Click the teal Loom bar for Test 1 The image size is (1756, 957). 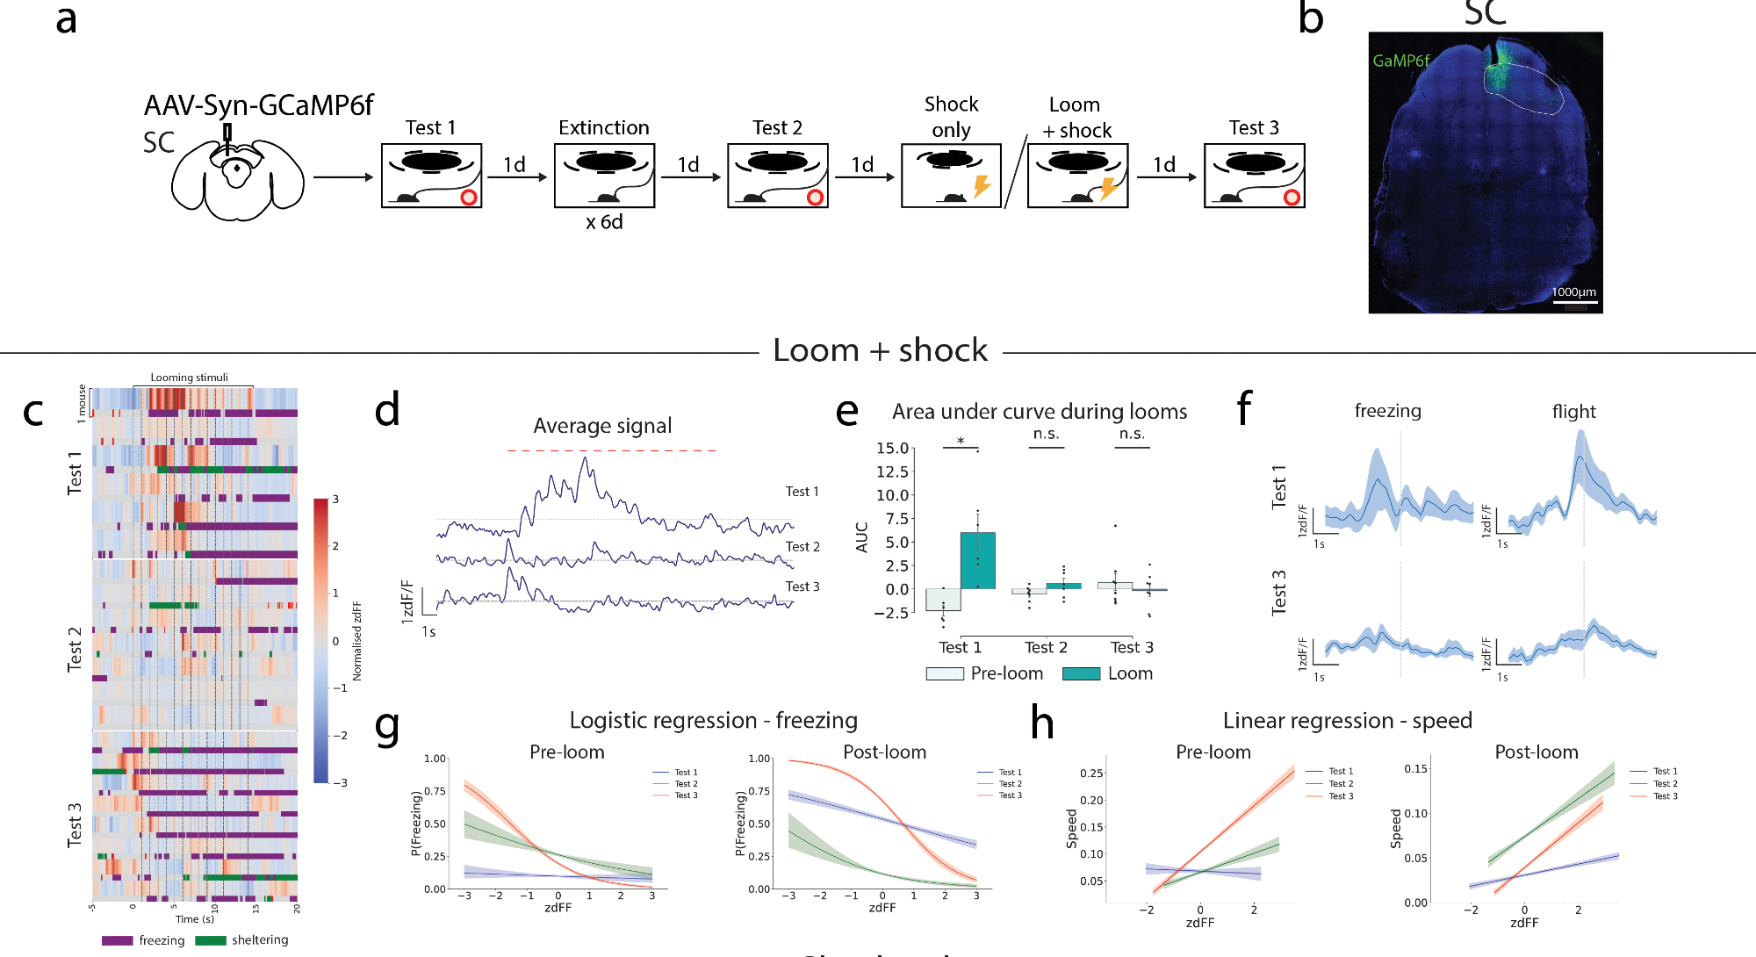tap(977, 560)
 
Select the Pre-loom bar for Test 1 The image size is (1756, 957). tap(943, 600)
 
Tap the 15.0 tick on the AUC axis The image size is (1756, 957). tap(892, 449)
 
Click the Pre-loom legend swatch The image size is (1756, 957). tap(945, 673)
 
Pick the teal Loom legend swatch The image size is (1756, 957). tap(1081, 673)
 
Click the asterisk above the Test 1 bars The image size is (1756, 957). tap(961, 442)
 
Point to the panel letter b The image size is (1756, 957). tap(1310, 19)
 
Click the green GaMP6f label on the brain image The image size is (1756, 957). tap(1400, 61)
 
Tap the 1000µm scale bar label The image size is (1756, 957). tap(1573, 292)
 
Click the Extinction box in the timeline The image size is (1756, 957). tap(604, 176)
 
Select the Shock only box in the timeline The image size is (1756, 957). tap(951, 176)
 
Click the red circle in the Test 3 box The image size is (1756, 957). tap(1292, 198)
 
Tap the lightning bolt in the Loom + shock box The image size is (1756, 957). tap(1108, 188)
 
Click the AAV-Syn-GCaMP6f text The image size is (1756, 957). tap(258, 105)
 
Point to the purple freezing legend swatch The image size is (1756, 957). tap(117, 940)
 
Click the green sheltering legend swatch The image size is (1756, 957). tap(210, 940)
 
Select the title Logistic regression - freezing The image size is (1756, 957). tap(713, 721)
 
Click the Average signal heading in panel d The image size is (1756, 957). tap(602, 426)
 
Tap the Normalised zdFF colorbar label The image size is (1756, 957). tap(356, 641)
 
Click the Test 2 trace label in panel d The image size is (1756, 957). tap(802, 547)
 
